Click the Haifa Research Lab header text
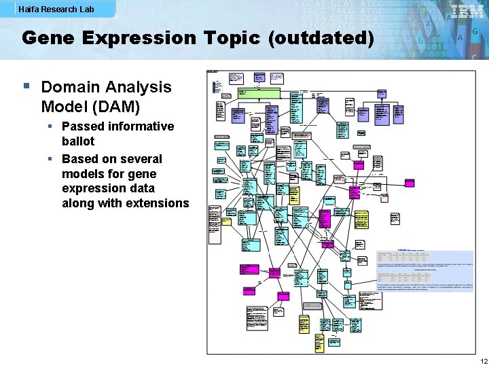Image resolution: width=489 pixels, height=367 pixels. point(56,10)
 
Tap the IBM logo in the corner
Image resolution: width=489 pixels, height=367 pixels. point(468,12)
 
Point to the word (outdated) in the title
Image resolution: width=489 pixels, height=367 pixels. point(321,38)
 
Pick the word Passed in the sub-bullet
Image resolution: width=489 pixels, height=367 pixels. point(84,126)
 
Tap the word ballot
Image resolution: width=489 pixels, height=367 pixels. point(78,141)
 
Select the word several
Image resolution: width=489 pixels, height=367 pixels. point(141,159)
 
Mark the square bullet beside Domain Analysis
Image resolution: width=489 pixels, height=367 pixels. point(26,86)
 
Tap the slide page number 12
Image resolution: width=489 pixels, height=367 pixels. point(483,360)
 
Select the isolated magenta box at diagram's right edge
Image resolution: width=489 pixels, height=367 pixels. point(410,183)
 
